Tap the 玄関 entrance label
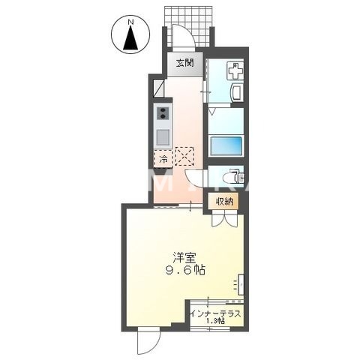tap(184, 63)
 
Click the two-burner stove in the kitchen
tap(162, 113)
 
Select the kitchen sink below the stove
tap(162, 137)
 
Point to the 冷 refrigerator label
tap(162, 158)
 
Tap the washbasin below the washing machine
tap(235, 94)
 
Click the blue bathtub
tap(226, 145)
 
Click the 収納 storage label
tap(225, 201)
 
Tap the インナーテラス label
tap(216, 314)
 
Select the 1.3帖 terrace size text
tap(216, 323)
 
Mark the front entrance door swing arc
tap(181, 37)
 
